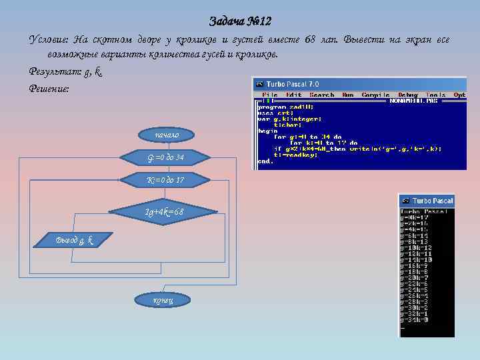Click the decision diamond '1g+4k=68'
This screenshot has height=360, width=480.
tap(164, 212)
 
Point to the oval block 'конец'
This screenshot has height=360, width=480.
tap(163, 300)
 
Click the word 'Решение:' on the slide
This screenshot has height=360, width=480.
tap(49, 88)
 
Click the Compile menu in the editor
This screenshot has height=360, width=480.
tap(375, 95)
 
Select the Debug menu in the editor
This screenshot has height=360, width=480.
tap(407, 95)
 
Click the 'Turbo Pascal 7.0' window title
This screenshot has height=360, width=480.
tap(292, 84)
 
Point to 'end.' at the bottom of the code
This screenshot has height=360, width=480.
tap(265, 161)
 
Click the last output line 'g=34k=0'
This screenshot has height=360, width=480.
tap(415, 320)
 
